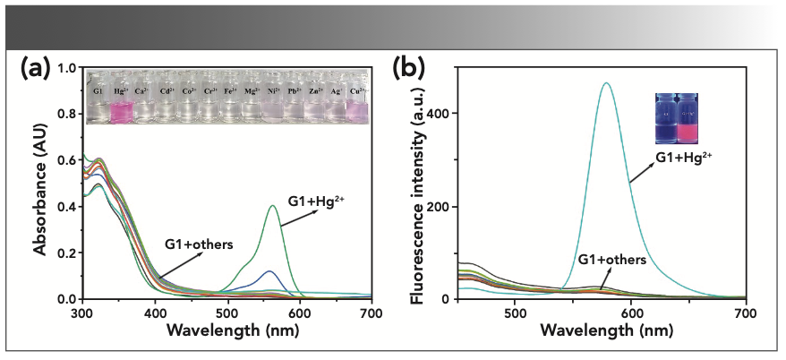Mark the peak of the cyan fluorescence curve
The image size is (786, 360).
tap(607, 83)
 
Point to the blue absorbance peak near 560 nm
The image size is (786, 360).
tap(269, 270)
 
